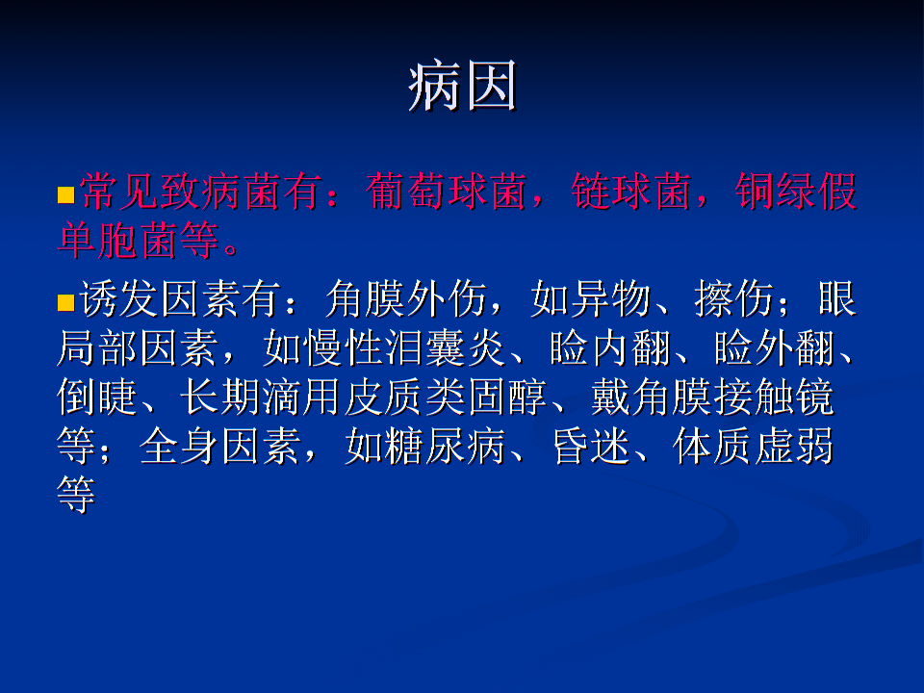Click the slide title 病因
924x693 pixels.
coord(463,86)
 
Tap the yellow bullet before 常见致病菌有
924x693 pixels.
coord(66,195)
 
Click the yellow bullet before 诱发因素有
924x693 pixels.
coord(66,302)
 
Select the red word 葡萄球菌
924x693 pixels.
coord(446,192)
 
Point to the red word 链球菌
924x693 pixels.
coord(630,192)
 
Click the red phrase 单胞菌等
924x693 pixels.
coord(139,241)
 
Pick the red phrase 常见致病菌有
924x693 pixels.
coord(201,192)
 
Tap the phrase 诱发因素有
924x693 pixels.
coord(180,298)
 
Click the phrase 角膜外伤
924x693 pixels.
coord(405,298)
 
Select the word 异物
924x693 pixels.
coord(610,298)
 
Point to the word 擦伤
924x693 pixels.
coord(733,298)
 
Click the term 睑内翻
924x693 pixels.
coord(610,347)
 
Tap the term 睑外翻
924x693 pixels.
coord(774,347)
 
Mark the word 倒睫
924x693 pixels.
coord(97,397)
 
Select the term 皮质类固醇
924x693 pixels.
coord(446,397)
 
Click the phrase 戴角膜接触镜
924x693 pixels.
coord(712,397)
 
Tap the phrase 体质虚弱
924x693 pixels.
coord(753,446)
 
